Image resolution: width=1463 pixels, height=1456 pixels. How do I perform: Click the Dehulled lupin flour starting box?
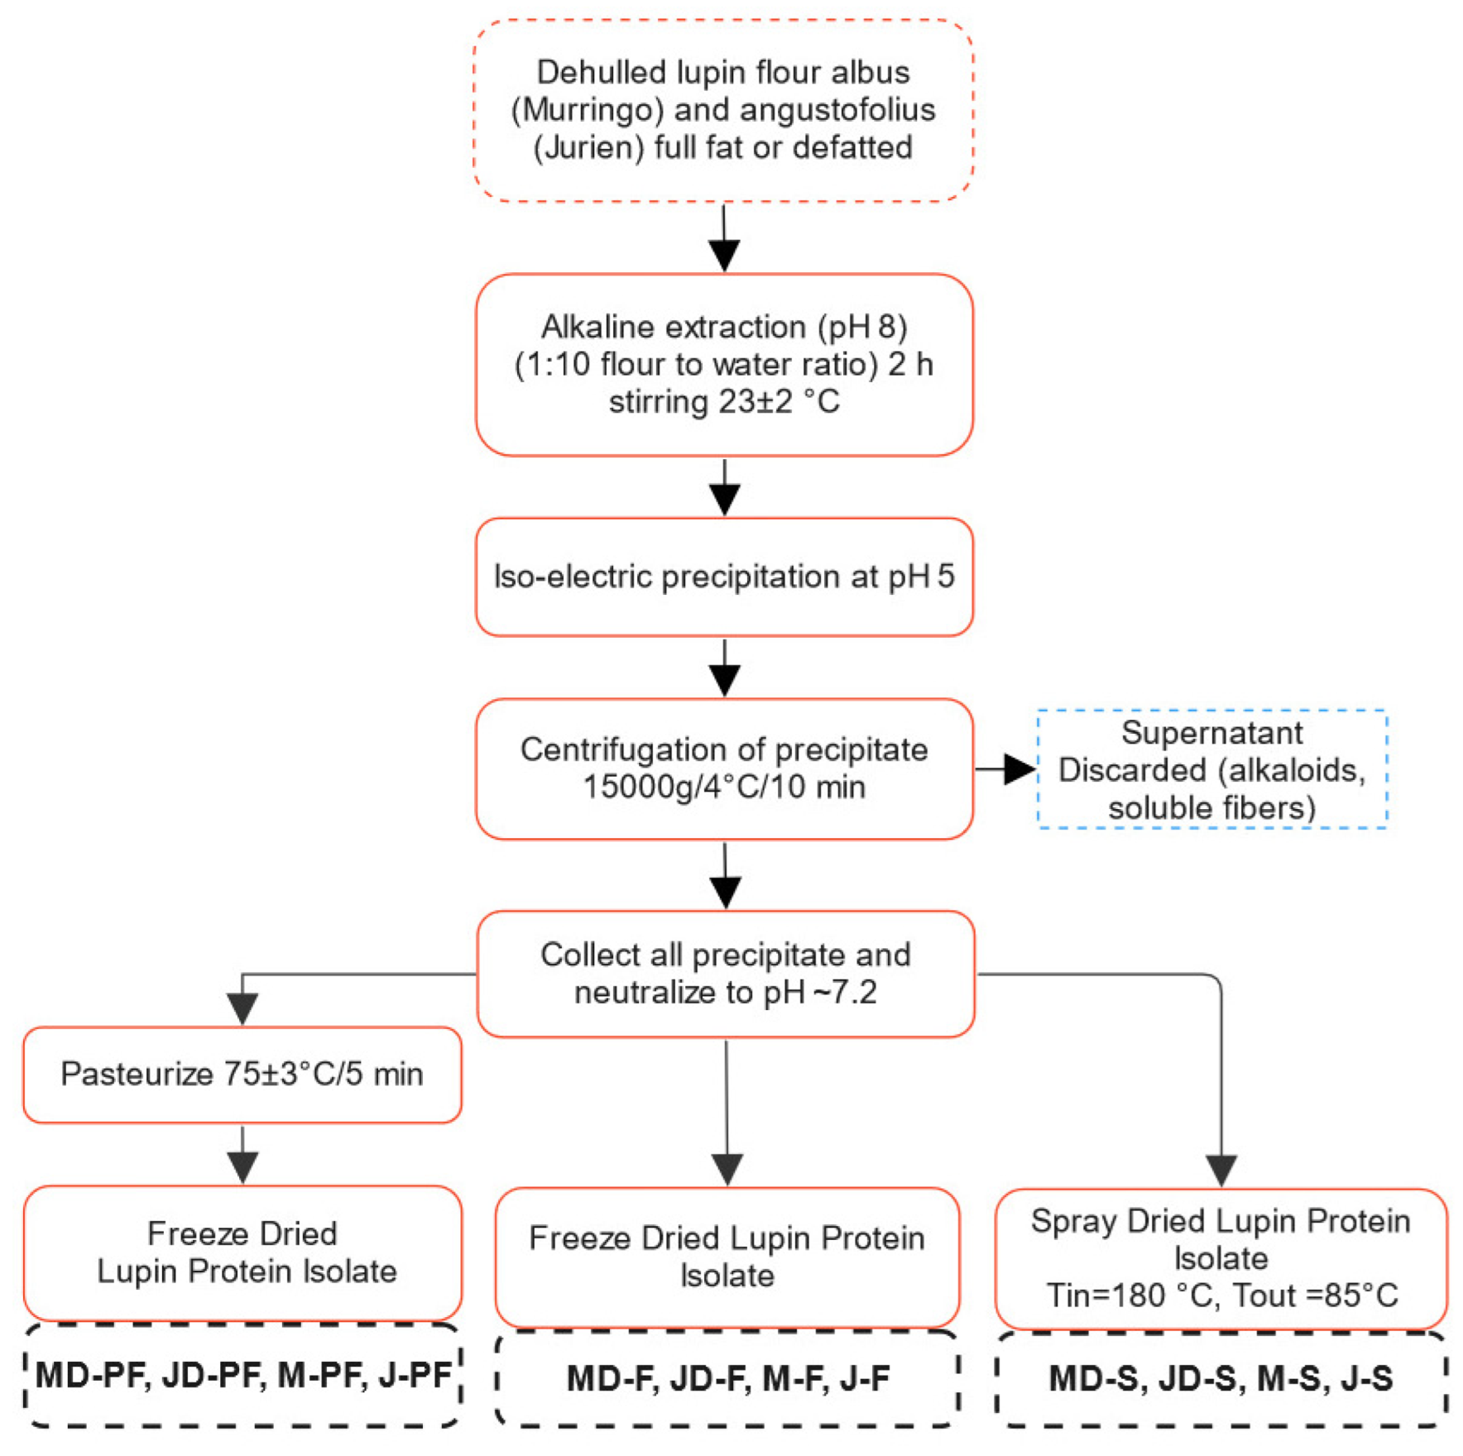coord(723,110)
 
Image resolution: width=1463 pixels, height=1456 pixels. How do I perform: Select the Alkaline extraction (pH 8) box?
coord(724,365)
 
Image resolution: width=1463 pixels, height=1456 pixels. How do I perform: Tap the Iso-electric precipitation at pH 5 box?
coord(724,577)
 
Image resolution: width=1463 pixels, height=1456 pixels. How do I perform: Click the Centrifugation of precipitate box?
coord(724,769)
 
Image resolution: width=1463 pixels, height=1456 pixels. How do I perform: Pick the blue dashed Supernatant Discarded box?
coord(1212,769)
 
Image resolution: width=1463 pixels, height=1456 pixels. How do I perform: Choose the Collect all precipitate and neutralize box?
coord(726,974)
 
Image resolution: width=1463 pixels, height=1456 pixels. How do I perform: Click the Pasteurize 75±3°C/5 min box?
coord(242,1075)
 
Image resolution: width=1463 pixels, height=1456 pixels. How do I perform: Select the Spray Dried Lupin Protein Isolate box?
coord(1221,1258)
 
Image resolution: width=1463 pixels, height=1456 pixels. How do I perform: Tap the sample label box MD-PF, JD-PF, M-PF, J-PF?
coord(242,1375)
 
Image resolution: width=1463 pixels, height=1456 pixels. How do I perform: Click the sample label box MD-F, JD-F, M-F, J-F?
coord(727,1378)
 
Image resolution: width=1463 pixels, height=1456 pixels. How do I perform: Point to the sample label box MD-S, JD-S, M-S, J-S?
coord(1221,1378)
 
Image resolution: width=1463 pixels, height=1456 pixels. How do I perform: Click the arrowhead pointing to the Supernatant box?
coord(1019,769)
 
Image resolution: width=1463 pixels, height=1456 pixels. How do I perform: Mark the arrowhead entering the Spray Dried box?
coord(1221,1171)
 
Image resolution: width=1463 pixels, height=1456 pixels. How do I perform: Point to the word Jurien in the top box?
coord(588,148)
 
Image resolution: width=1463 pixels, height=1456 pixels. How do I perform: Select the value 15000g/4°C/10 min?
coord(724,787)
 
